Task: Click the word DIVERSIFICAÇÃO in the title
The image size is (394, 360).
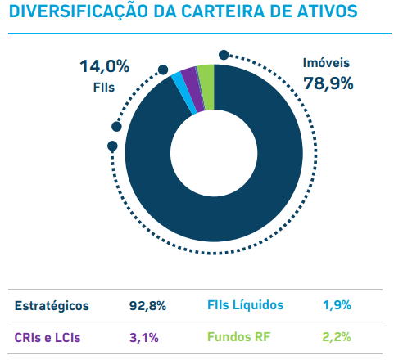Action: click(79, 11)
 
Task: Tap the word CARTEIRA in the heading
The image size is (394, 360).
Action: click(223, 11)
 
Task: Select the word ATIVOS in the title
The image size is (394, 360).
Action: click(327, 11)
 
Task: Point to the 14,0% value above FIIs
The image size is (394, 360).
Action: click(104, 66)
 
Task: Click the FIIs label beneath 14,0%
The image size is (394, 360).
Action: click(104, 88)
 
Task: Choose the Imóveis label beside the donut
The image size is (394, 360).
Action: click(326, 63)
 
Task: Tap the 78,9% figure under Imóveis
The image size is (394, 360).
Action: click(328, 83)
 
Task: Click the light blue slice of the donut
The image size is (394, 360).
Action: click(184, 92)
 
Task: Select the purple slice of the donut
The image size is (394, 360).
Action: click(192, 89)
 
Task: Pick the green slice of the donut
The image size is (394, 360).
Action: click(207, 88)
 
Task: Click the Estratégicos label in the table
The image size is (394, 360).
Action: click(52, 306)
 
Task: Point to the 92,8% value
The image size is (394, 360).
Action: click(147, 306)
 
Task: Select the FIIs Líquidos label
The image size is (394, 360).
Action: click(246, 305)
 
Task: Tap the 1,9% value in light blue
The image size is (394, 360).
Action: click(337, 305)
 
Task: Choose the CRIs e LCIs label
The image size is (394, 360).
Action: click(48, 338)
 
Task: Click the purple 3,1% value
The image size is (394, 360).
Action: click(144, 338)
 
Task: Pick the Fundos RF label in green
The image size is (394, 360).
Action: click(238, 337)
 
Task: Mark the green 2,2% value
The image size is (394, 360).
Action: click(337, 337)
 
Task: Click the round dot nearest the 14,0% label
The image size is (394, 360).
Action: click(163, 70)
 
